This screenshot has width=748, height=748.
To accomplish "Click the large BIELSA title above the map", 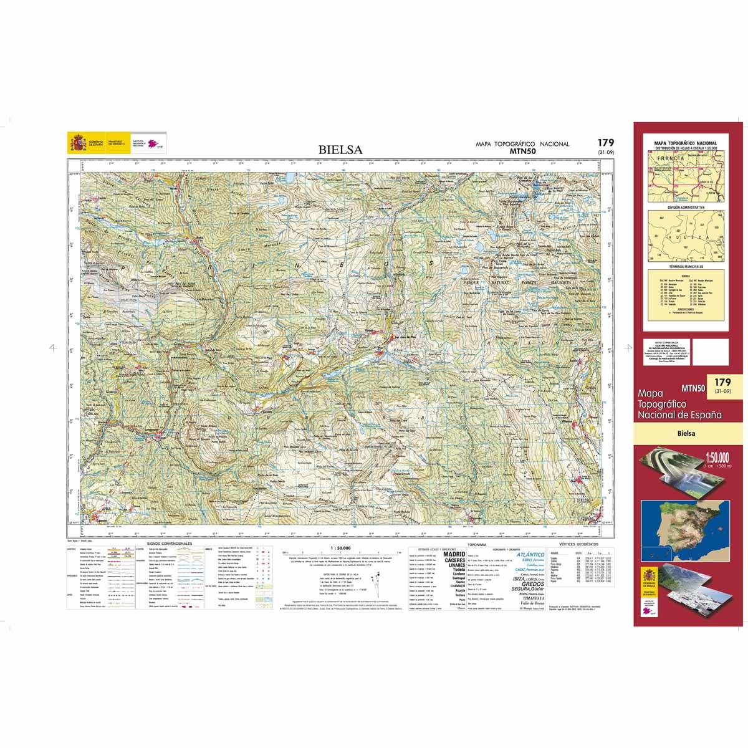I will (340, 150).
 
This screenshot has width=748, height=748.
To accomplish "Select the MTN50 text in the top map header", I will (523, 151).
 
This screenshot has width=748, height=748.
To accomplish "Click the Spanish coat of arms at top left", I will (74, 144).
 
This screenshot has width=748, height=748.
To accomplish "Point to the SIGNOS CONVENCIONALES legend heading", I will (169, 544).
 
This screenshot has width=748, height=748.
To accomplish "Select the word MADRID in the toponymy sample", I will (454, 554).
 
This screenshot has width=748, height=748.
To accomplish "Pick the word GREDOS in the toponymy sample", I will (524, 584).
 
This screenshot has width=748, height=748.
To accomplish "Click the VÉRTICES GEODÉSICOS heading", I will (579, 544).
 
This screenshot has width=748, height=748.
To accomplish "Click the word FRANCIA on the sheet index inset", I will (671, 158).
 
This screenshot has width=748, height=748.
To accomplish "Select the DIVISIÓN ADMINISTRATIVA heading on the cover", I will (685, 206).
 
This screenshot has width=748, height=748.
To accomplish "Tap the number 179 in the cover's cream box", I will (723, 381).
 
